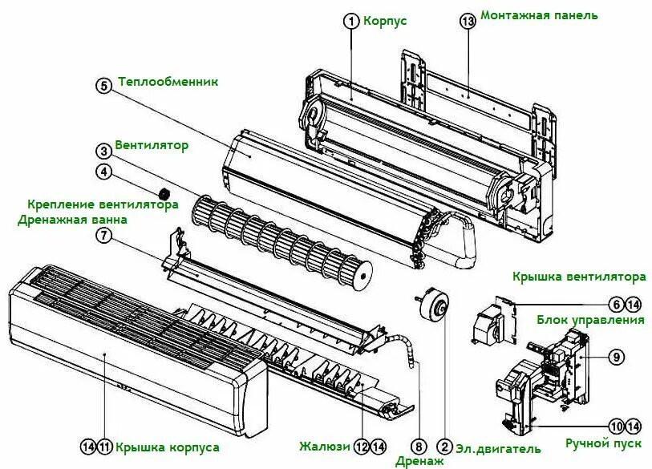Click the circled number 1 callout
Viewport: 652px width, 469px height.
tap(351, 22)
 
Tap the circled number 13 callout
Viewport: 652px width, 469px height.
tap(468, 22)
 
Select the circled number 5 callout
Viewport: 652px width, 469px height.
tap(103, 85)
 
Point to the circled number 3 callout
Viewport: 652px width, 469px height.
tap(103, 150)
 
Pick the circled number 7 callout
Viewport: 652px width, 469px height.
tap(103, 235)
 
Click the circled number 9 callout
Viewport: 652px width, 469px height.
tap(616, 357)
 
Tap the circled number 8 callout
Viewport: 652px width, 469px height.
tap(418, 447)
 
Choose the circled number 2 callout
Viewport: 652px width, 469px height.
tap(443, 447)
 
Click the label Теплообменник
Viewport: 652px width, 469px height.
tap(168, 82)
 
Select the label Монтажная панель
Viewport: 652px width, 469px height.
tap(539, 16)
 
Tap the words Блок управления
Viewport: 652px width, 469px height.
tap(591, 320)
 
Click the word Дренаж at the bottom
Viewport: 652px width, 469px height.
tap(419, 461)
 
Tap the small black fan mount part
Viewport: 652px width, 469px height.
tap(164, 193)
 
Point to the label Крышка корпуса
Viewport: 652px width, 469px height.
tap(167, 447)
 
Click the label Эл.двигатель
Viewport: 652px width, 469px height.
tap(498, 449)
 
